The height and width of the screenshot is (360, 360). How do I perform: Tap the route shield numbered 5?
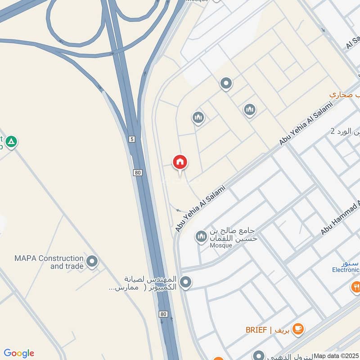pos(131,139)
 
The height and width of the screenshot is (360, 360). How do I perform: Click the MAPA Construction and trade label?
pos(49,262)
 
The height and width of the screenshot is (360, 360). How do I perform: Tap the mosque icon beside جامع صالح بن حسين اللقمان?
pos(201,236)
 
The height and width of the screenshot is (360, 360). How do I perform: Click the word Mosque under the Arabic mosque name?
pos(220,246)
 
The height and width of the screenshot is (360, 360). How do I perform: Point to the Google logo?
pos(19,353)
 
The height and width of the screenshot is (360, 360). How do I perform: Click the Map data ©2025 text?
pos(336,355)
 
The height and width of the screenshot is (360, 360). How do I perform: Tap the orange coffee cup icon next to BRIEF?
pos(297,329)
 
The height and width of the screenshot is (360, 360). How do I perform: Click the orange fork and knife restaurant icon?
pos(355,286)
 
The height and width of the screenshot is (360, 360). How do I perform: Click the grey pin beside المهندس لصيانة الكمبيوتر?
pos(185,283)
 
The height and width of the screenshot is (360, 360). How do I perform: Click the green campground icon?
pos(12,142)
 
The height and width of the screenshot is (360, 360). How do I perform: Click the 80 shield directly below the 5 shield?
pos(138,172)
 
